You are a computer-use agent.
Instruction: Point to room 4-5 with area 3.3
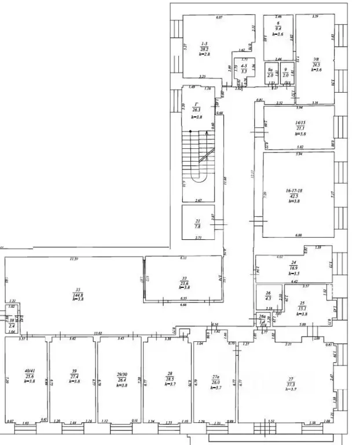(244, 67)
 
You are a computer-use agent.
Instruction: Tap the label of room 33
(183, 279)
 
